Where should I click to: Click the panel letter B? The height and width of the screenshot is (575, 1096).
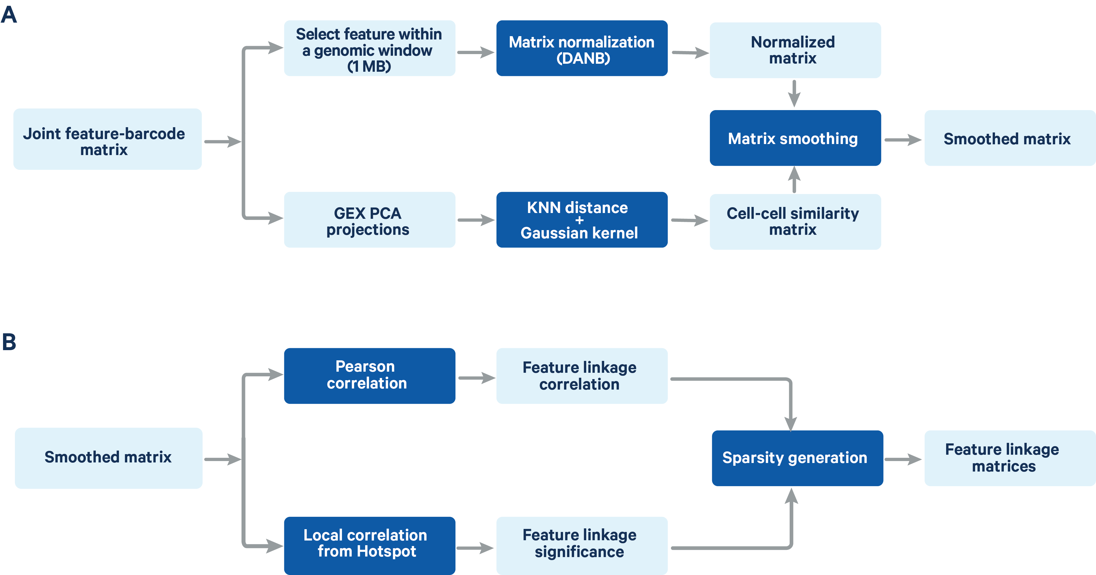click(9, 342)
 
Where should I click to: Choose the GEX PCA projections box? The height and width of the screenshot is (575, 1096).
click(369, 220)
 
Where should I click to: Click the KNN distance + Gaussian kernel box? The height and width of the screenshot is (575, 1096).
click(582, 220)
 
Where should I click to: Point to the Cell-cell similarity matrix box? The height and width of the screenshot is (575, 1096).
click(795, 222)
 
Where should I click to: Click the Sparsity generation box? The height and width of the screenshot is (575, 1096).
click(797, 458)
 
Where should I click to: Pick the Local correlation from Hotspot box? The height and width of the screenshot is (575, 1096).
click(369, 545)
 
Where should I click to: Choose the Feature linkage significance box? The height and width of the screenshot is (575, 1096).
click(582, 545)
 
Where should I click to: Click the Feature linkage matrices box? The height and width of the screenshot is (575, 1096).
click(1009, 458)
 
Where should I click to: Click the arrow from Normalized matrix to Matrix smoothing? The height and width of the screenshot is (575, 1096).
click(794, 94)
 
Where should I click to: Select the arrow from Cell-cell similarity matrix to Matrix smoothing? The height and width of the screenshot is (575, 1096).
click(794, 180)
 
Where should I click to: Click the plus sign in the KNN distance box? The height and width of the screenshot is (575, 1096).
click(580, 220)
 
